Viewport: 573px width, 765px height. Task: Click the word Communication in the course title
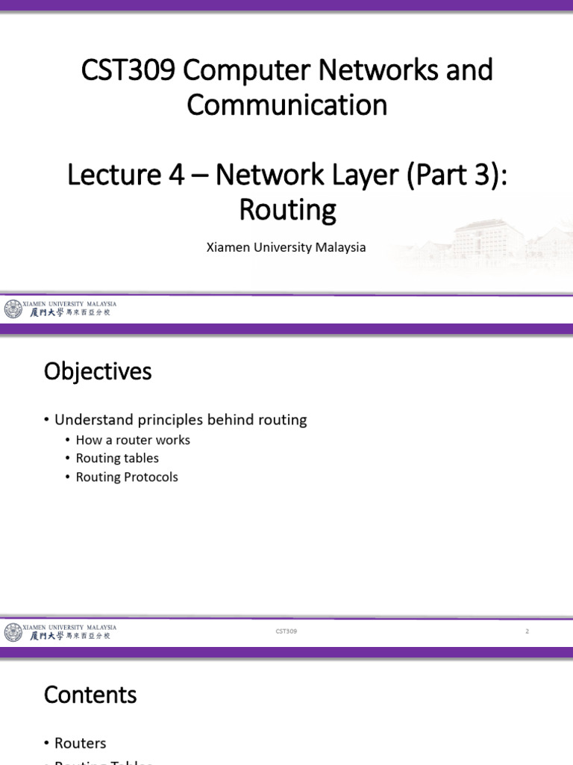point(286,105)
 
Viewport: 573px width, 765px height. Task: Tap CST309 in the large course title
point(127,70)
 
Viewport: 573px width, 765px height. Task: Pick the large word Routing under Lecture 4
point(287,210)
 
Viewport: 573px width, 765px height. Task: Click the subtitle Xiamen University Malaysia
point(286,247)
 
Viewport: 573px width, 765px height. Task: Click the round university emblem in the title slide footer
point(13,309)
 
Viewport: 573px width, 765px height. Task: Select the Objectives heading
point(98,371)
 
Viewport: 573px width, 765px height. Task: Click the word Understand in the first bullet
point(93,420)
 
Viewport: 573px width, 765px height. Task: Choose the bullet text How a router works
point(133,440)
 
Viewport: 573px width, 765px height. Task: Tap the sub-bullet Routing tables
point(117,458)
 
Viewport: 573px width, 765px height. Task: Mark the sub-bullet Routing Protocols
point(127,477)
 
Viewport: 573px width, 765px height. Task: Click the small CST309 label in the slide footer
point(286,632)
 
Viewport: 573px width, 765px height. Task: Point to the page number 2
point(527,632)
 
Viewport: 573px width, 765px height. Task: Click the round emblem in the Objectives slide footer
point(13,632)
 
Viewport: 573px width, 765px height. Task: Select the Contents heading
point(90,695)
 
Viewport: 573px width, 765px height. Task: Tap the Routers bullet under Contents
point(80,743)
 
